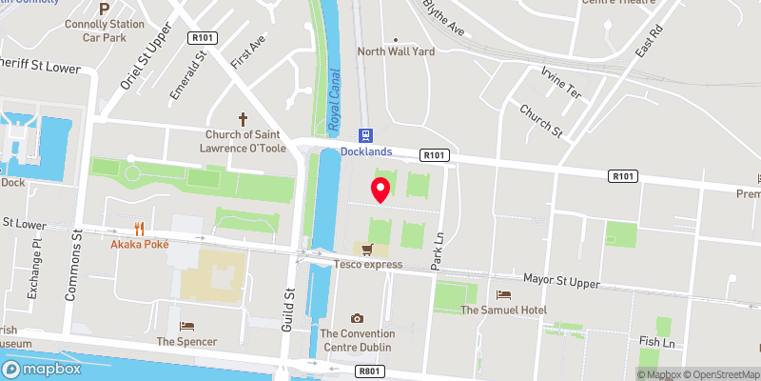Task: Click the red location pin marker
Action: point(380,190)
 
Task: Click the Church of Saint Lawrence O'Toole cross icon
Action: point(243,119)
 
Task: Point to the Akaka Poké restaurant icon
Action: point(140,229)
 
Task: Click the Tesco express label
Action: point(367,264)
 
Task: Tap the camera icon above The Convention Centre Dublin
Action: point(357,318)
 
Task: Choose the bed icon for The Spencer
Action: point(186,326)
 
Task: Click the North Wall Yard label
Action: point(397,51)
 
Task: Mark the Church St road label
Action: point(542,121)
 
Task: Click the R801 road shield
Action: point(367,371)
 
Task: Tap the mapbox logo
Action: point(41,369)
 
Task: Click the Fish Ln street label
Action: point(656,342)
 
